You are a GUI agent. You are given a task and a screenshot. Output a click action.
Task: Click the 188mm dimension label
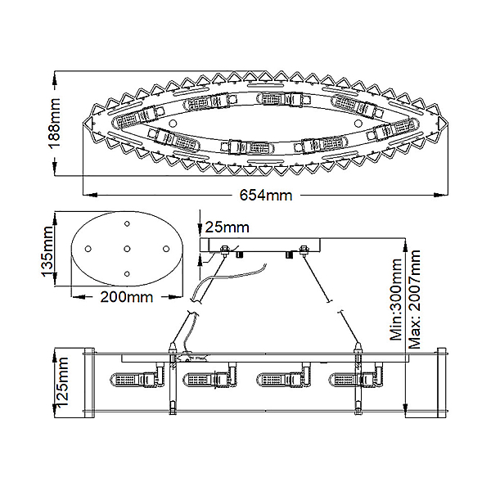tap(53, 123)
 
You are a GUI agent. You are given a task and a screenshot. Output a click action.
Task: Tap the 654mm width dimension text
tap(266, 196)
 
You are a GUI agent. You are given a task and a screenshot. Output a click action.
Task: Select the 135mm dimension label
tap(48, 251)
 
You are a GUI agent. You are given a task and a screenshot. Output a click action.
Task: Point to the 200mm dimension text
tap(127, 297)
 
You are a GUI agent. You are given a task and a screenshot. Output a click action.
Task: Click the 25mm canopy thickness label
tap(227, 227)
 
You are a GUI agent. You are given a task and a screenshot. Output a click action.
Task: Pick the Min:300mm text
tap(396, 299)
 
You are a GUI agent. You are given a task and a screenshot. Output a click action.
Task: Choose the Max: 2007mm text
tap(415, 299)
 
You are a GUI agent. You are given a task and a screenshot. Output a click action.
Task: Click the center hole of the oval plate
tap(127, 249)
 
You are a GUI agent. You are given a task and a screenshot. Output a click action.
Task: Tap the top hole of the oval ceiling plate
tap(127, 223)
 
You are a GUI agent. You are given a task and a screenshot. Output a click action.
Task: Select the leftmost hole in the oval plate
tap(88, 249)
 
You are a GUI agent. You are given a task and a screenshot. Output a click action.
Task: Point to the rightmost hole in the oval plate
tap(166, 249)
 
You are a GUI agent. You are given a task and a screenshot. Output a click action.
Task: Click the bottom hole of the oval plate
tap(127, 273)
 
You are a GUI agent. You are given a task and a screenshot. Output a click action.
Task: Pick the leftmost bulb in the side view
tap(136, 379)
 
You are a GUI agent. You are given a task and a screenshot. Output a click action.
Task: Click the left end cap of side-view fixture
tap(90, 382)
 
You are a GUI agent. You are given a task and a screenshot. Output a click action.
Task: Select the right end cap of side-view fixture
tap(442, 382)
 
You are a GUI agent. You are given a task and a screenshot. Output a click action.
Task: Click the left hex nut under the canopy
tap(224, 250)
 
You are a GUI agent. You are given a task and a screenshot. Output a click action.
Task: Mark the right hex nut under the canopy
tap(303, 250)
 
